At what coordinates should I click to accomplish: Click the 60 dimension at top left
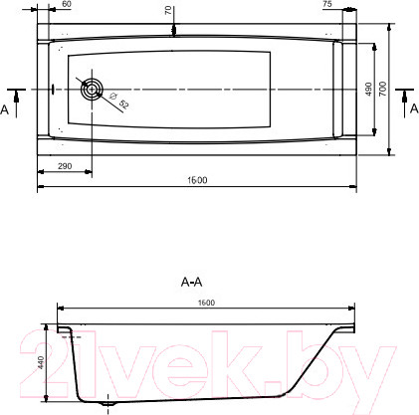[66, 5]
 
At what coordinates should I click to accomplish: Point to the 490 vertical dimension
[367, 89]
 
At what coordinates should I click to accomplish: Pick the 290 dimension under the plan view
[64, 165]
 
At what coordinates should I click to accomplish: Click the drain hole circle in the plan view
[92, 89]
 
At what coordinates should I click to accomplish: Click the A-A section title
[193, 283]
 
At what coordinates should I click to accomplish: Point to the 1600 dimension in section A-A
[205, 303]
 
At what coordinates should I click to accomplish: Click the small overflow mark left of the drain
[52, 89]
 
